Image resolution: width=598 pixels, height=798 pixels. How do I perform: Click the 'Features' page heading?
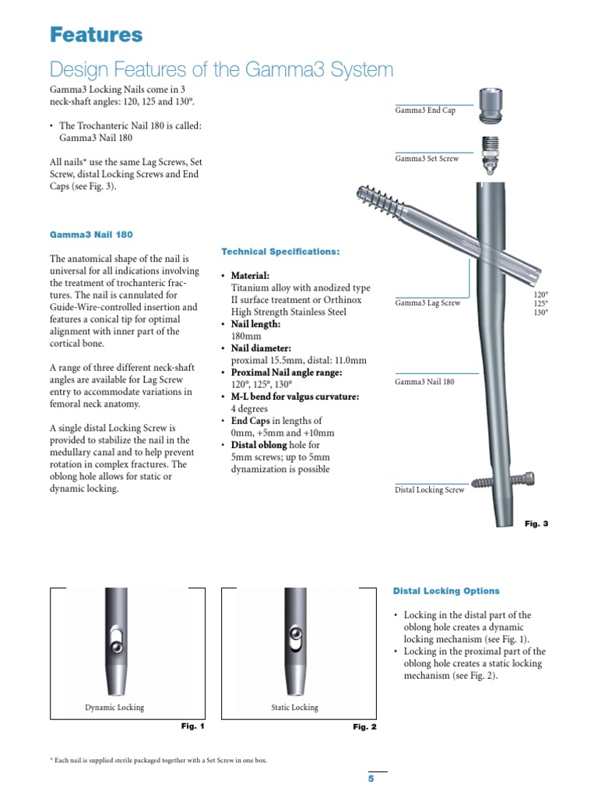click(97, 35)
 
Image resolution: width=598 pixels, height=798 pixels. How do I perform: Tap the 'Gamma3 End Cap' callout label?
click(426, 111)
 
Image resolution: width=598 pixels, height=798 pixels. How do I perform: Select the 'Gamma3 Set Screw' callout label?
click(427, 158)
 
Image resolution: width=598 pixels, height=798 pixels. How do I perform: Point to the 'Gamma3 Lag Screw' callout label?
click(427, 303)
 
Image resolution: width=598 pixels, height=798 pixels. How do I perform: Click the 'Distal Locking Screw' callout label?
click(429, 490)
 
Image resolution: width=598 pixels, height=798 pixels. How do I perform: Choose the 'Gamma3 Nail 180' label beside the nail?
click(424, 382)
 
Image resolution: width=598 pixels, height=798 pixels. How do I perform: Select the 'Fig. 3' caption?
click(536, 524)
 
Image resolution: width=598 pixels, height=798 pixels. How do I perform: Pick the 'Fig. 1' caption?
click(192, 726)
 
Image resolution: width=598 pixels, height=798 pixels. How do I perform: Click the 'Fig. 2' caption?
click(364, 727)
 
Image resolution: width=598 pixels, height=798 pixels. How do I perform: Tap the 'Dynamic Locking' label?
click(114, 708)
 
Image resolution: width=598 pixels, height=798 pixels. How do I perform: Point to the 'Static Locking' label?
click(294, 708)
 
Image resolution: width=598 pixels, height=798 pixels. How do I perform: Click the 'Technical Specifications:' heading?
click(280, 252)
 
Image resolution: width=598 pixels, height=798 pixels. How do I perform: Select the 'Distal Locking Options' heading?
click(446, 591)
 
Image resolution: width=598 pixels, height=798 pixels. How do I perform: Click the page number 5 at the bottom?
click(371, 779)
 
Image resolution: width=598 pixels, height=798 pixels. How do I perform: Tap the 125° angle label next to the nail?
click(540, 303)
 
